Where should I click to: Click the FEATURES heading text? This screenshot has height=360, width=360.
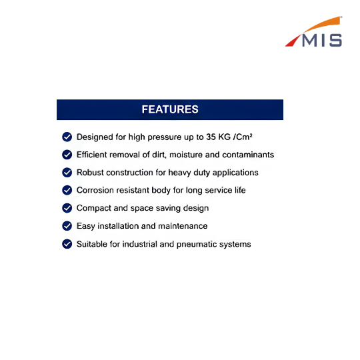(170, 109)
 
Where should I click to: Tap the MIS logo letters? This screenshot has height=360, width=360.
(322, 41)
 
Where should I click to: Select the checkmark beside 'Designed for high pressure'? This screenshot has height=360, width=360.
(67, 137)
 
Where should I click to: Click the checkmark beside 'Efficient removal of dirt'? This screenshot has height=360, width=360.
(67, 155)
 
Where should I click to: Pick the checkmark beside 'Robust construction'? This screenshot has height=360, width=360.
(67, 173)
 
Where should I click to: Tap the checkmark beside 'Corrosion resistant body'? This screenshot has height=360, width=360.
(67, 190)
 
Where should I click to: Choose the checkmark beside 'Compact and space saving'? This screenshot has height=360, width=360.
(67, 208)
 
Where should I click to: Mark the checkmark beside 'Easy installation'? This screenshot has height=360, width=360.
(67, 226)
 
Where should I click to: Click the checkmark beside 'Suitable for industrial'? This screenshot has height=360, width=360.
(67, 244)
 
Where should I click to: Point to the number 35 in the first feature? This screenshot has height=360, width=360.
(211, 137)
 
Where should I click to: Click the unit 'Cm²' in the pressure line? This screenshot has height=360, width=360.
(244, 137)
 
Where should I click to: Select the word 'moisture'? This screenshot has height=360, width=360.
(186, 155)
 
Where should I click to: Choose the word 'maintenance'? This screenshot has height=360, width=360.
(183, 226)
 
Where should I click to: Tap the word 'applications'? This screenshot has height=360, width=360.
(235, 173)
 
